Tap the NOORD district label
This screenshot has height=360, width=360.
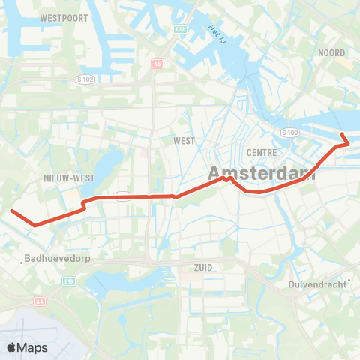tap(331, 53)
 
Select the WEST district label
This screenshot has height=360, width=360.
tap(184, 140)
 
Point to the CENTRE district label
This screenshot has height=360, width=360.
tap(262, 152)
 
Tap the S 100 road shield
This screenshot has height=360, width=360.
tap(289, 133)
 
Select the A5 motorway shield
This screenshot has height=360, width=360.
tap(157, 64)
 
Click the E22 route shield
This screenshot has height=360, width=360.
tap(180, 29)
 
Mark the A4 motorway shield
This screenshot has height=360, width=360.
tap(38, 301)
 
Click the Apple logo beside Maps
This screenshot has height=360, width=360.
tap(12, 347)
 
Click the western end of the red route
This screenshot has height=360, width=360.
tap(11, 211)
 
